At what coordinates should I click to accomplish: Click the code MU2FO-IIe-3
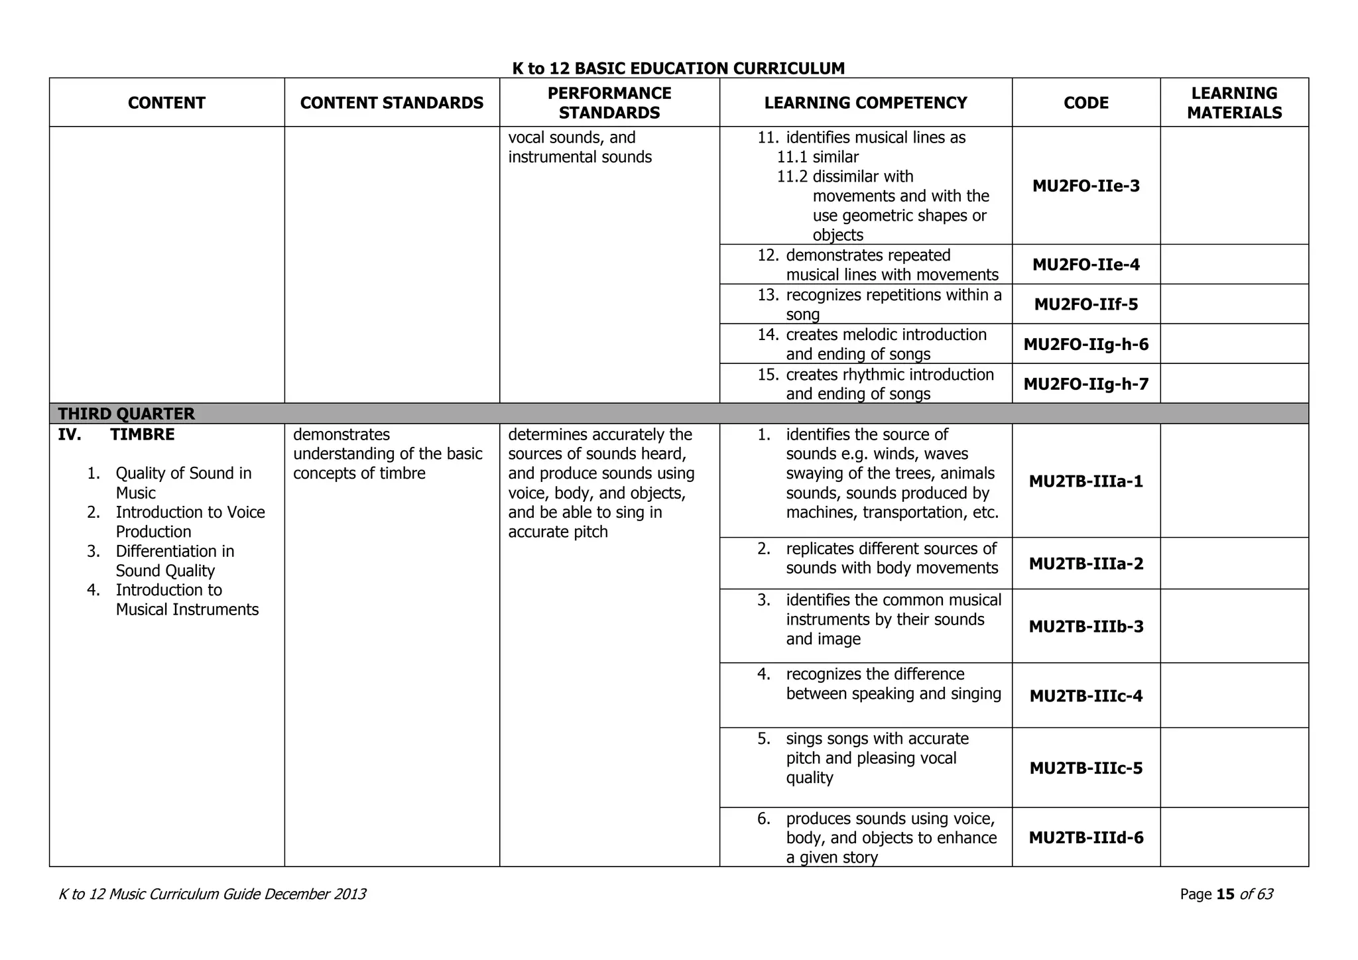pos(1085,186)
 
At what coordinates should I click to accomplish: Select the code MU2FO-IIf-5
pos(1085,304)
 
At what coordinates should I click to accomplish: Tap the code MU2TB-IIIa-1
pos(1085,481)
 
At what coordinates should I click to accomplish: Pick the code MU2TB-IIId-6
pos(1085,837)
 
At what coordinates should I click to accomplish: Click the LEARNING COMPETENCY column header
pos(865,103)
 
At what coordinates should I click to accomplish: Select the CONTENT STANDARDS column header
pos(391,103)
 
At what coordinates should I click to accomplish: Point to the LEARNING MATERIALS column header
pos(1234,103)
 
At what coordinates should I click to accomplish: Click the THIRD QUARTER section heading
pos(126,414)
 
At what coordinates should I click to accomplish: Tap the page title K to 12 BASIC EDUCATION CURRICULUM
pos(678,68)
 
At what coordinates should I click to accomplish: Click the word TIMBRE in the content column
pos(142,435)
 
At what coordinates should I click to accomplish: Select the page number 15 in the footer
pos(1225,894)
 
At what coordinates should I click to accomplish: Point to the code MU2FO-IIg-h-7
pos(1085,384)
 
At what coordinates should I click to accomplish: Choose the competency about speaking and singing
pos(893,684)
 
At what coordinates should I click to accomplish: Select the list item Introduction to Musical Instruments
pos(186,600)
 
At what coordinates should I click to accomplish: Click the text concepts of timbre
pos(359,473)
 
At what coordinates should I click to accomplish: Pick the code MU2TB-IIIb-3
pos(1085,627)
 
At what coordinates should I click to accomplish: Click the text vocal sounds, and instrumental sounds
pos(580,147)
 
